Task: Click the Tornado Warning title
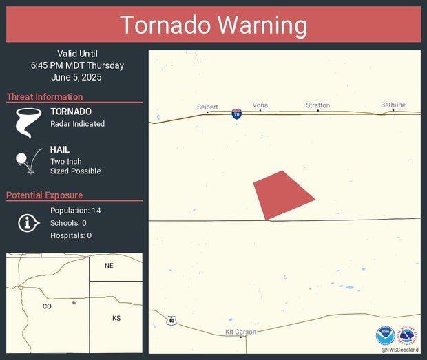[x=213, y=25]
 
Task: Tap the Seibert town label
[x=207, y=107]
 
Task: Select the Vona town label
[x=260, y=105]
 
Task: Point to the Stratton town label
[x=317, y=105]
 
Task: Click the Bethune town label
[x=393, y=105]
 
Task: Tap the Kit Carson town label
[x=241, y=332]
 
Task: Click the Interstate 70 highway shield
[x=236, y=114]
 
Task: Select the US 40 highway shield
[x=171, y=321]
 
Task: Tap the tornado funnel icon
[x=25, y=123]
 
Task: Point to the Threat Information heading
[x=45, y=97]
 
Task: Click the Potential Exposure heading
[x=45, y=195]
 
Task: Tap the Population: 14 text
[x=76, y=210]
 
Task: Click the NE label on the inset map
[x=109, y=266]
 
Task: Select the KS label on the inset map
[x=116, y=318]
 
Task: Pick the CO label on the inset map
[x=47, y=306]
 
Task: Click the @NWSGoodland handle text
[x=399, y=350]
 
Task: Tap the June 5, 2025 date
[x=77, y=77]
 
